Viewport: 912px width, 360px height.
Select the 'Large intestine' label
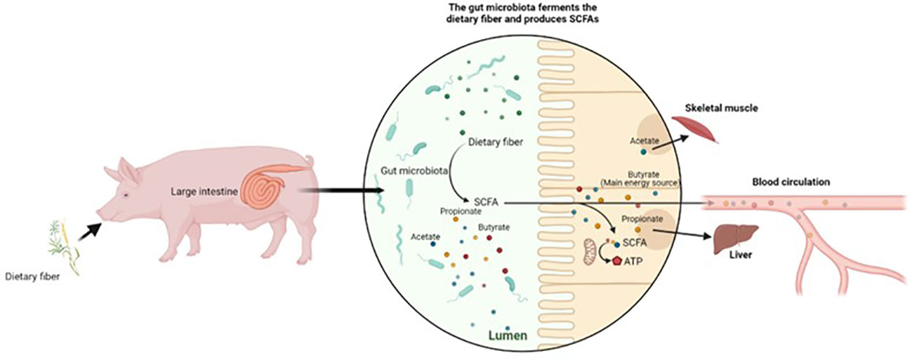[204, 189]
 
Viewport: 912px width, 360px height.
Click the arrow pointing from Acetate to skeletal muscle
[671, 138]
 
